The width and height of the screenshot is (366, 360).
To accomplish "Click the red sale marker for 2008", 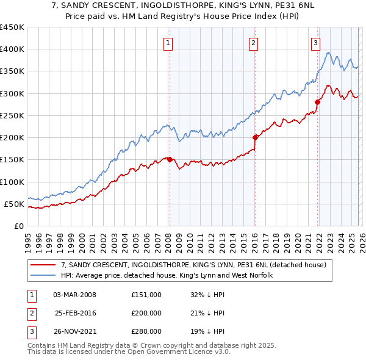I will tap(170, 159).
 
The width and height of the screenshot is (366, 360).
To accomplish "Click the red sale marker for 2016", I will tap(255, 138).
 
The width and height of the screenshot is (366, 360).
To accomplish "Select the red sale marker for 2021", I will tap(317, 102).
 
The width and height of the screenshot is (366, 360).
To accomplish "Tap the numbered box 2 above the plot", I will tap(253, 43).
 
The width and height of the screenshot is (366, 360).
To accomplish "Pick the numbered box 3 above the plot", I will tap(315, 43).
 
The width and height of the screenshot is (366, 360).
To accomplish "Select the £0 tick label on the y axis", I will tap(18, 226).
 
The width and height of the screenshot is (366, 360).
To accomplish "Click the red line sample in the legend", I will tap(44, 265).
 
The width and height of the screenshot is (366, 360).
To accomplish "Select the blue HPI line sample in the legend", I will tap(44, 275).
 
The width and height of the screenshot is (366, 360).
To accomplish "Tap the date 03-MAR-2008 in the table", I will tap(74, 295).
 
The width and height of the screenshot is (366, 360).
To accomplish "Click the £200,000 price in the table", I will tap(146, 313).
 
